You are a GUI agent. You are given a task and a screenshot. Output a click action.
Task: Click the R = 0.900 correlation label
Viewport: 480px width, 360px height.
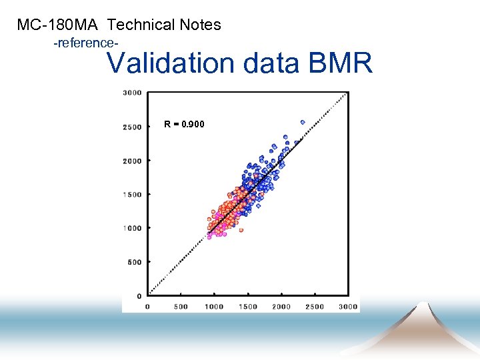pos(185,125)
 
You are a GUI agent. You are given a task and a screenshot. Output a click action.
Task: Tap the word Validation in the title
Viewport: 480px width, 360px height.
pos(171,63)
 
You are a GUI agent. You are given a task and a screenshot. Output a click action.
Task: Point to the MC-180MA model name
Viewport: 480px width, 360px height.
pos(58,25)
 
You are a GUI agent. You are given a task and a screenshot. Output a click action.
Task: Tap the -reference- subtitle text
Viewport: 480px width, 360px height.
pos(86,43)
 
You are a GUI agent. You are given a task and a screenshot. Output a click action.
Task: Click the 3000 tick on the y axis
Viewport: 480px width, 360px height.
pos(132,93)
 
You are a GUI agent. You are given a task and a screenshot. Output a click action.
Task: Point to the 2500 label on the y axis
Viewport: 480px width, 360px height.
pos(132,127)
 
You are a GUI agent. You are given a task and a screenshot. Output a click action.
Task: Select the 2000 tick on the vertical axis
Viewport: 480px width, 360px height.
pos(132,161)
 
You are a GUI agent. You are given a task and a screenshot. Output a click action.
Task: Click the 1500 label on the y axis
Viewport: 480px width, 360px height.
pos(132,195)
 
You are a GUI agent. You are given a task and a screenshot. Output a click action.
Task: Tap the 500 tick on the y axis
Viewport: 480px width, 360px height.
pos(134,262)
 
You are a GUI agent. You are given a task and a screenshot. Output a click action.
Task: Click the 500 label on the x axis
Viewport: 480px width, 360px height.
pos(181,307)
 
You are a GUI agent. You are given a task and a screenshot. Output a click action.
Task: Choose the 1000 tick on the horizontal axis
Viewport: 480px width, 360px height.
pos(214,307)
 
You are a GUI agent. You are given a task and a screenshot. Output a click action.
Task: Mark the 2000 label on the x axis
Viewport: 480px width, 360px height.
pos(281,307)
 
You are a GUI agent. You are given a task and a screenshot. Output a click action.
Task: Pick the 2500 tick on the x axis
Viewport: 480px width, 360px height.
pos(315,307)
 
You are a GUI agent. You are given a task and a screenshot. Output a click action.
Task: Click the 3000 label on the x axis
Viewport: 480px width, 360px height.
pos(348,307)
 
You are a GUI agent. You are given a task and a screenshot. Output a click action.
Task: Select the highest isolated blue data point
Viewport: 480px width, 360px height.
pos(302,122)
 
